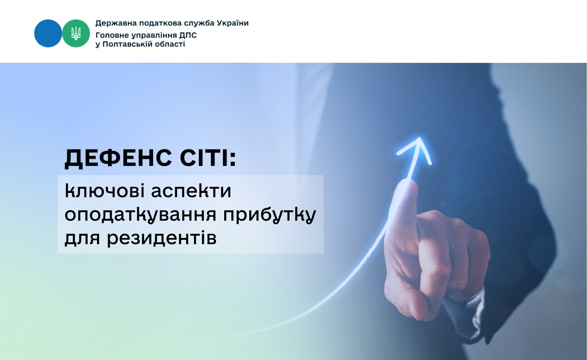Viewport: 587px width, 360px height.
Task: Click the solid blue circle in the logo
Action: click(x=48, y=33)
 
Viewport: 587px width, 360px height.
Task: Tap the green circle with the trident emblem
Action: click(x=76, y=33)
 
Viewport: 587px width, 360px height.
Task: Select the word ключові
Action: click(x=104, y=191)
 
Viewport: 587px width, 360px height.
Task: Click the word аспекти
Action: click(x=191, y=191)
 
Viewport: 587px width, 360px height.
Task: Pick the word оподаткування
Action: click(x=140, y=215)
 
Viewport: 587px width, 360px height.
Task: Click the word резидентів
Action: click(x=162, y=238)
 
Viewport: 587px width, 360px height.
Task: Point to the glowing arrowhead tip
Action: click(x=420, y=138)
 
